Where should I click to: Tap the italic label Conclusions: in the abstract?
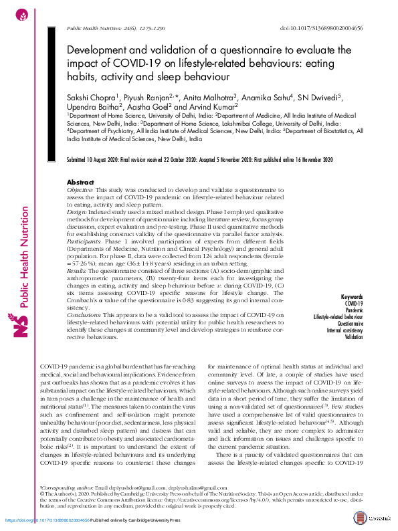click(85, 314)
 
